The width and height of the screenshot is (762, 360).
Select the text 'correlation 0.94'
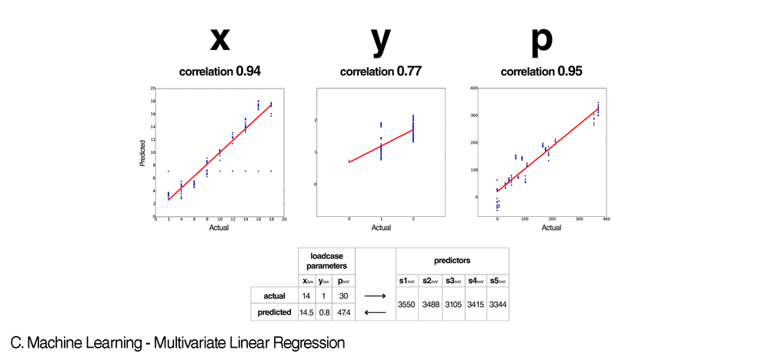tap(220, 72)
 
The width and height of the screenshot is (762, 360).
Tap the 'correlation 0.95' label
tap(541, 72)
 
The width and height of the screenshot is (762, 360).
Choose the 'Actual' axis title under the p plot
tap(551, 228)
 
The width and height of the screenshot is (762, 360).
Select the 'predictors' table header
tap(452, 260)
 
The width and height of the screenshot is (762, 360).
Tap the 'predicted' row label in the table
tap(274, 312)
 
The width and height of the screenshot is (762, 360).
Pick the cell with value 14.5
tap(308, 312)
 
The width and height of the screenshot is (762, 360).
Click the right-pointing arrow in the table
tap(376, 295)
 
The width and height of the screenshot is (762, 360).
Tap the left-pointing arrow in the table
tap(376, 312)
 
